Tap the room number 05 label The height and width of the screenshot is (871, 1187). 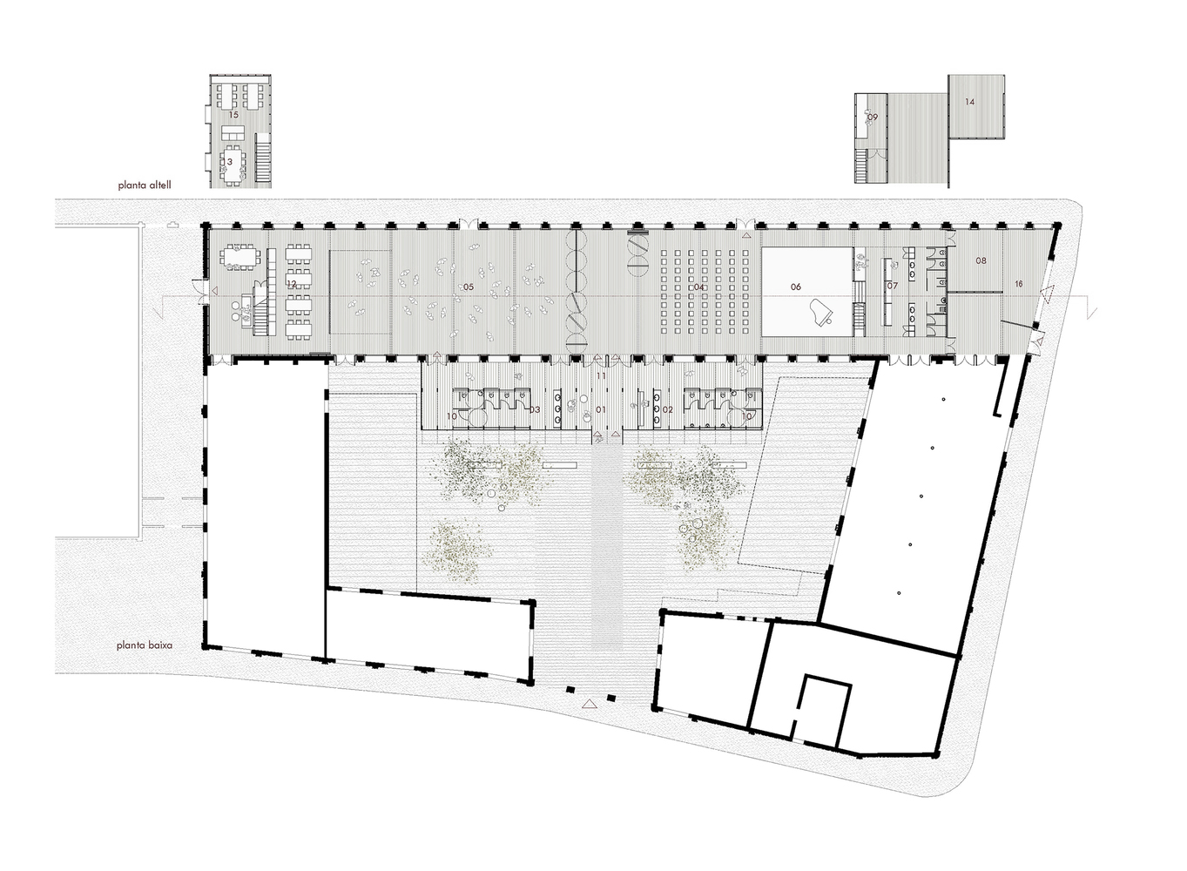[468, 287]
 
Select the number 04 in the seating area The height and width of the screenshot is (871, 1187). [698, 287]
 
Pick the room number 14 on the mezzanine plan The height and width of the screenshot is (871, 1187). [969, 102]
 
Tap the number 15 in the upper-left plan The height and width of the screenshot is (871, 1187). [233, 115]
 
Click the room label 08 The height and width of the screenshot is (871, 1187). [981, 260]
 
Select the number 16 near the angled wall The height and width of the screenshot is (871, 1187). [1018, 285]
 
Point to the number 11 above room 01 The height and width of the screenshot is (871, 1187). [601, 375]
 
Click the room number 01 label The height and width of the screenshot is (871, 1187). [600, 408]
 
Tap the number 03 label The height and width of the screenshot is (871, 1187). [535, 408]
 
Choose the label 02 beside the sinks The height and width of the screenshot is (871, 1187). [668, 408]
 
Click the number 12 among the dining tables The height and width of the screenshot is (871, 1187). [293, 284]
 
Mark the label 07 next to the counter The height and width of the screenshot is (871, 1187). [892, 286]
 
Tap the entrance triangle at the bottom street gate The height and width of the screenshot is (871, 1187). [590, 702]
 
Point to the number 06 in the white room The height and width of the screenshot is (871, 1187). [795, 287]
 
